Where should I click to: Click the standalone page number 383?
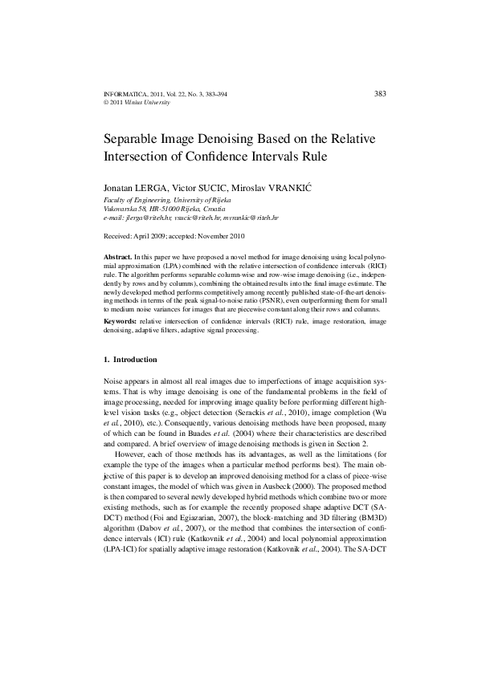click(x=381, y=94)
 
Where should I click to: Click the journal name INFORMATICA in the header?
click(x=126, y=95)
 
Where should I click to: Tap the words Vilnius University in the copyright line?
click(x=153, y=103)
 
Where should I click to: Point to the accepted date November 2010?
click(x=214, y=237)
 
